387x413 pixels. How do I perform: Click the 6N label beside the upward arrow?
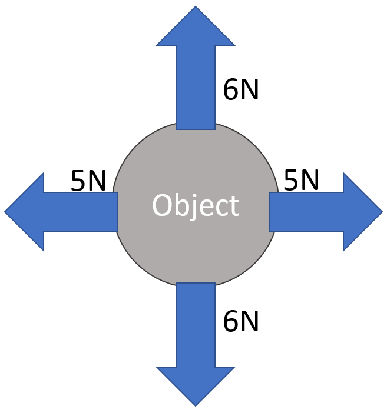coord(241,90)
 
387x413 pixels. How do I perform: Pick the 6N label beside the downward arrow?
coord(241,322)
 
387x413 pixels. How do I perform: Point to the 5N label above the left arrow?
coord(88,181)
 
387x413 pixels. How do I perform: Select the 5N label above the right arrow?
coord(302,180)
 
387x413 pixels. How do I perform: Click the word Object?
coord(195,206)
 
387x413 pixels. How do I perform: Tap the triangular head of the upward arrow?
coord(196,29)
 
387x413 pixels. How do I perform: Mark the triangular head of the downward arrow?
coord(196,385)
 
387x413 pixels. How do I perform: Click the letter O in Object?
coord(161,205)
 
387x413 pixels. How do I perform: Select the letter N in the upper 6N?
coord(250,90)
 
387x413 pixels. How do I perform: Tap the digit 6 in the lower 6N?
coord(230,322)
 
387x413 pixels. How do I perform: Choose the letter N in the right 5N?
coord(310,180)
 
